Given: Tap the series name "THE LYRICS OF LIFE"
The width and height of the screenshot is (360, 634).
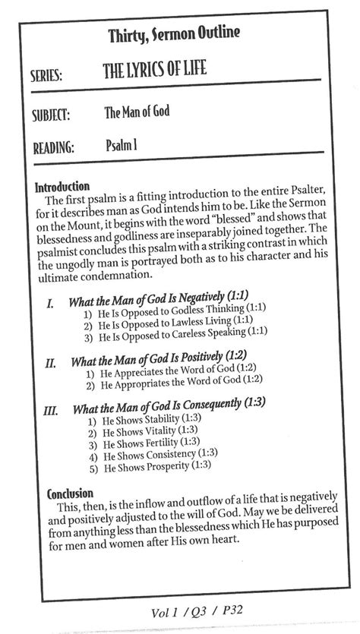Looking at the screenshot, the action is [x=165, y=71].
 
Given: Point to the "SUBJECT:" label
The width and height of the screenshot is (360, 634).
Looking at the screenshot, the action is [x=50, y=116].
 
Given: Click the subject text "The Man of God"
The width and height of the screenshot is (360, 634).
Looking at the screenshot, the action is [x=137, y=112].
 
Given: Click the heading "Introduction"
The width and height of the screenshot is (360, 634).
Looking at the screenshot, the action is [x=62, y=185].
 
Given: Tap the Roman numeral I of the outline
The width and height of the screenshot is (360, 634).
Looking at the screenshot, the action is [x=50, y=303].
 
